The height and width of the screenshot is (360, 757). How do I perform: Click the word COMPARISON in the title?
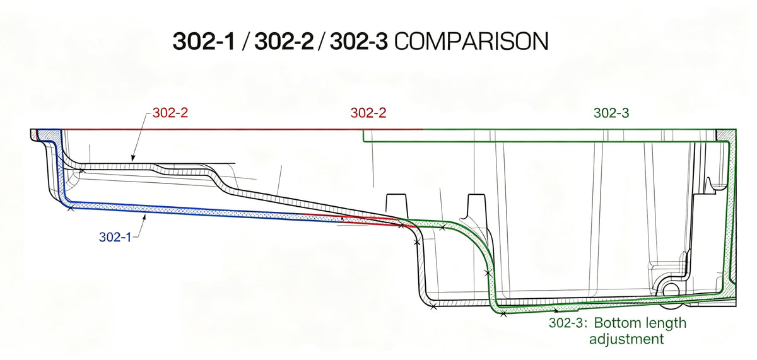(471, 42)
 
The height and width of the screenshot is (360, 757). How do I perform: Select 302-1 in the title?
(204, 42)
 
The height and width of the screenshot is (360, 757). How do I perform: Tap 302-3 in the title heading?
(358, 42)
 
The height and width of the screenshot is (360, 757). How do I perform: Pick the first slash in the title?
(245, 42)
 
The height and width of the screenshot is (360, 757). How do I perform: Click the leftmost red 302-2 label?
(170, 113)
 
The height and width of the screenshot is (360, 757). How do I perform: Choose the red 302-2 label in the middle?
(368, 113)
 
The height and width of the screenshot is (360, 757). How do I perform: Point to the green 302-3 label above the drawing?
(611, 113)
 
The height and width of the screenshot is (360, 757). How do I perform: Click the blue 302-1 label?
(115, 237)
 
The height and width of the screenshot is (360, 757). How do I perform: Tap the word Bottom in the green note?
(615, 323)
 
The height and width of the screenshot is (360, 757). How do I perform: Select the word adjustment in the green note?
(626, 339)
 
